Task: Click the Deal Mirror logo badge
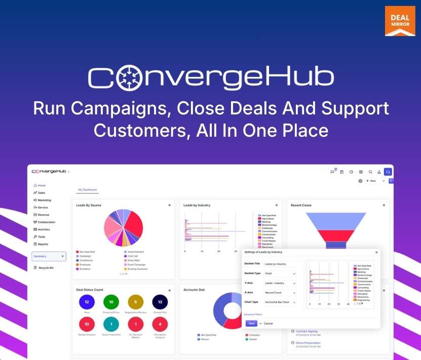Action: coord(400,21)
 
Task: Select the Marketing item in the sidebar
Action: coord(44,200)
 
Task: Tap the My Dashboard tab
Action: coord(88,190)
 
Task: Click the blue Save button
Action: coord(251,323)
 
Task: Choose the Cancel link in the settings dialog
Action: coord(268,323)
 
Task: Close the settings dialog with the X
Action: coord(376,252)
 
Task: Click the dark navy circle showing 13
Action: coord(160,302)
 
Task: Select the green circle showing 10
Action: coord(111,302)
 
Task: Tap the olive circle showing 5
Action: coord(136,302)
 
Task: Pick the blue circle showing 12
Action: coord(87,302)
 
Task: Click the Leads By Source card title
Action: coord(89,205)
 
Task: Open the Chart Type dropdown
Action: coord(281,302)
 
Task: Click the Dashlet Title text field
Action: coord(282,264)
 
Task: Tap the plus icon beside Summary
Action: coord(62,256)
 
